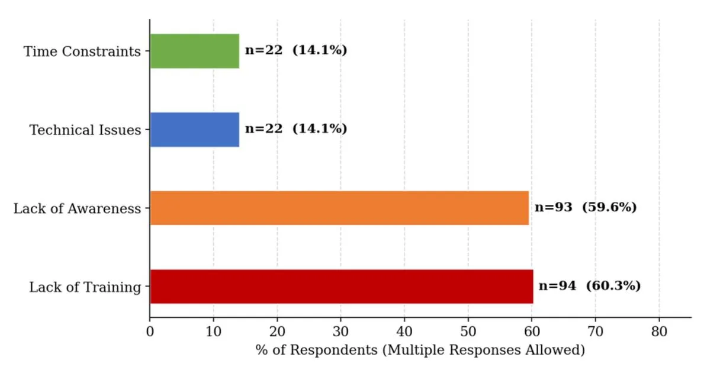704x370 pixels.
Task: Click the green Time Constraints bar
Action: [194, 51]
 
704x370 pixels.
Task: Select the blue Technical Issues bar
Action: [194, 130]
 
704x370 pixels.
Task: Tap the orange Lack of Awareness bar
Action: [339, 208]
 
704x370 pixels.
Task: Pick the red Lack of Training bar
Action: [342, 287]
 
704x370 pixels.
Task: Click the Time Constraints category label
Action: [82, 52]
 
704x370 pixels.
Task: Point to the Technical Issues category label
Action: [85, 130]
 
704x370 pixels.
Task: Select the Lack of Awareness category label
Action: [77, 209]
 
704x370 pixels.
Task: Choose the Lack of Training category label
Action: [85, 287]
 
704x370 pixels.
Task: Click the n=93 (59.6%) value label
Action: [586, 207]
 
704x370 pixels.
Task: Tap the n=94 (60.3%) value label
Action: [590, 285]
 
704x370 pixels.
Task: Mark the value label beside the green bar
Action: [296, 50]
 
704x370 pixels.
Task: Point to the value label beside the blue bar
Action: [296, 128]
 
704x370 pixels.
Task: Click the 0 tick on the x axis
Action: [150, 332]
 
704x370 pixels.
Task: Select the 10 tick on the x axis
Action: [214, 332]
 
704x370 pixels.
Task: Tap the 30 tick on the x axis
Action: [341, 332]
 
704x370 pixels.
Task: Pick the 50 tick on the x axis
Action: [468, 332]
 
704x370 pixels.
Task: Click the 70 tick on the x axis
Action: [596, 332]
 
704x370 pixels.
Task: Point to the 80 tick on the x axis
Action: [660, 332]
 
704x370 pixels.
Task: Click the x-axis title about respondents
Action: [420, 350]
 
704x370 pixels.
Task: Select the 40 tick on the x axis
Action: [404, 332]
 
